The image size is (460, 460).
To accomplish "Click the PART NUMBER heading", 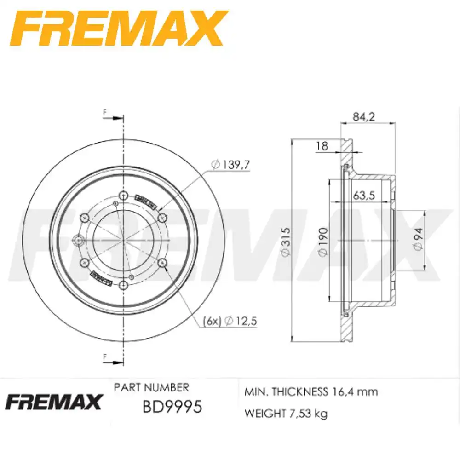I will [x=151, y=387].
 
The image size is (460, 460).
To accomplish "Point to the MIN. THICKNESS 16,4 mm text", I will [x=311, y=392].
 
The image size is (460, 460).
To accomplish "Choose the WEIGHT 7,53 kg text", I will [x=286, y=414].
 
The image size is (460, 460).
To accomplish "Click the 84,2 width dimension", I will [x=364, y=117].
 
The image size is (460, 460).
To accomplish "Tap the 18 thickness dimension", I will [x=322, y=146].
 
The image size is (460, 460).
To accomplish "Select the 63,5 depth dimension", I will [x=364, y=195].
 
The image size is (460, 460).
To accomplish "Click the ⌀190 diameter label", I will [x=322, y=241].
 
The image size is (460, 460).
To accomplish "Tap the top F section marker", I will [x=105, y=113].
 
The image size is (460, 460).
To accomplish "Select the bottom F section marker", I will [x=105, y=356].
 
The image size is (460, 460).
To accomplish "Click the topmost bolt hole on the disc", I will [x=123, y=197].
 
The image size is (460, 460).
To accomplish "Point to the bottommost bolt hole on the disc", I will [x=123, y=286].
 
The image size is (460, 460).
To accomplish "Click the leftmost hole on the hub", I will [x=78, y=240].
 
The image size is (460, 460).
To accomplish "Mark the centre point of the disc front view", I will [x=123, y=240].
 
